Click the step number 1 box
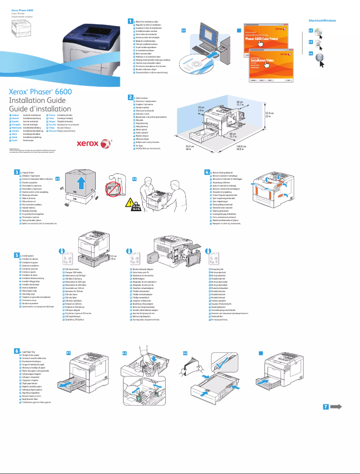click(131, 21)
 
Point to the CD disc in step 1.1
click(193, 62)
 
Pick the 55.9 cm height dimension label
click(269, 113)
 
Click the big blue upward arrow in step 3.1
click(81, 184)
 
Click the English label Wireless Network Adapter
click(145, 269)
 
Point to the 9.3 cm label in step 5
click(113, 256)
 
